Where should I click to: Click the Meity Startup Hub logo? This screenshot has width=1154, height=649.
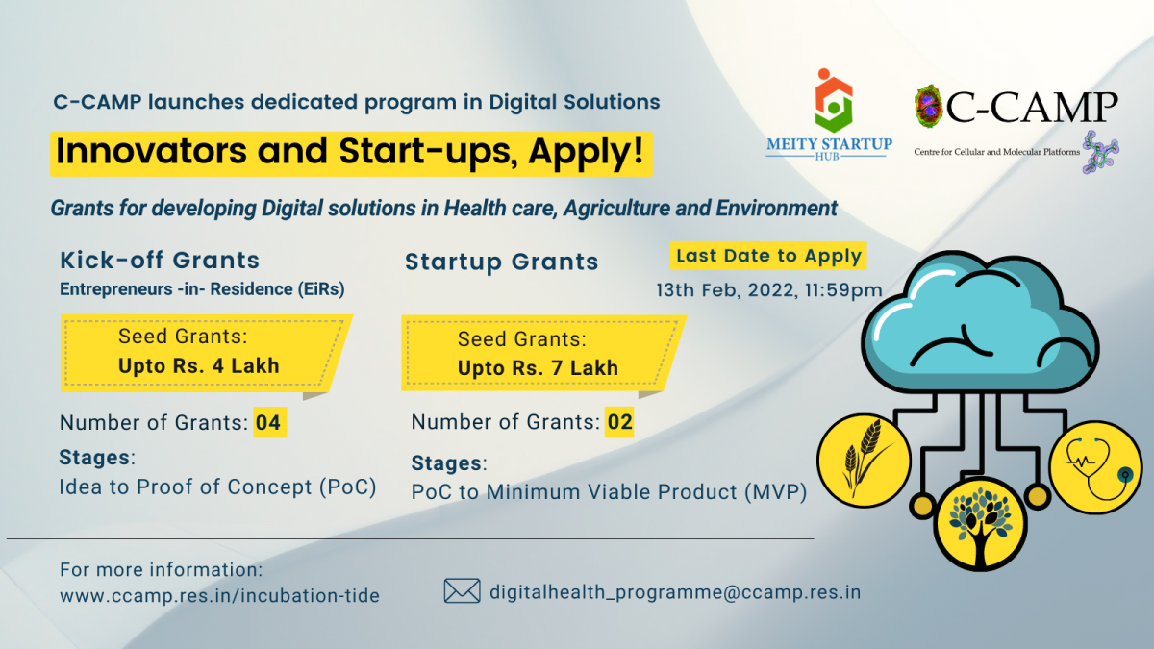[829, 114]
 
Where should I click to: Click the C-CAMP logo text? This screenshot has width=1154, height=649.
[1031, 107]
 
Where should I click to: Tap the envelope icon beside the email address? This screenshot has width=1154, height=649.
[463, 590]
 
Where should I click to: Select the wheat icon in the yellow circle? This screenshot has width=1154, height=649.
[864, 461]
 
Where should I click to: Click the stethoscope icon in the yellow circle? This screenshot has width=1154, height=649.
[1095, 467]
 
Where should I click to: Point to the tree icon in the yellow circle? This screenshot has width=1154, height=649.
[980, 524]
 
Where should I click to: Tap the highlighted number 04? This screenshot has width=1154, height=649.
[269, 422]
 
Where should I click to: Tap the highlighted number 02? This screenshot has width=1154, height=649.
[619, 422]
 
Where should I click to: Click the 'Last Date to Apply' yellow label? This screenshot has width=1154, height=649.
[768, 256]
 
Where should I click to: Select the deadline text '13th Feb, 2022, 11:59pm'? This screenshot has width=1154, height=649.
[769, 290]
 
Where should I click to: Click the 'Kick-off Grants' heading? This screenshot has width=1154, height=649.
[160, 261]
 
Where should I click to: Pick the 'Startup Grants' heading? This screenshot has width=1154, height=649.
[502, 262]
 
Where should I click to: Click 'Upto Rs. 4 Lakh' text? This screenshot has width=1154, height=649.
[199, 365]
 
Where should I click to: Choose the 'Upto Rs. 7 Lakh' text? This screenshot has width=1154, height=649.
[538, 367]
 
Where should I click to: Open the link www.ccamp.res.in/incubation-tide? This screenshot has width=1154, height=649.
[220, 595]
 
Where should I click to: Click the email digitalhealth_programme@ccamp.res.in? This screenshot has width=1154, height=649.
[675, 592]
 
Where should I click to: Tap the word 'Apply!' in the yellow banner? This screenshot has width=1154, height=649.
[586, 151]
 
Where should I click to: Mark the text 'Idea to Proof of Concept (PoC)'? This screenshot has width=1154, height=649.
[218, 487]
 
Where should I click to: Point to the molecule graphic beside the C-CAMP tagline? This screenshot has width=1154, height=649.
[1100, 153]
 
